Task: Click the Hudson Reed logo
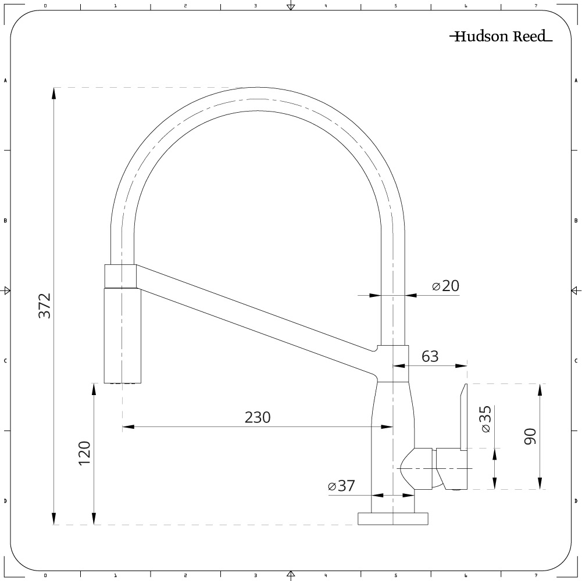[501, 36]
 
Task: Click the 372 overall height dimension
[45, 306]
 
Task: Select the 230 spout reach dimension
[258, 417]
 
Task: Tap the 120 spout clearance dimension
[84, 453]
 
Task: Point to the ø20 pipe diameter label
[446, 286]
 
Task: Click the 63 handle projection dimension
[430, 356]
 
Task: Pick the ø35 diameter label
[486, 419]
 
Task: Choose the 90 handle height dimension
[530, 436]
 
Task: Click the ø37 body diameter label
[341, 486]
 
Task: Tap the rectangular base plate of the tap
[392, 519]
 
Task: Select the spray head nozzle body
[123, 336]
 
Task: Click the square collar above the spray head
[120, 276]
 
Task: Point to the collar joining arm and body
[392, 364]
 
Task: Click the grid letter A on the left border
[5, 81]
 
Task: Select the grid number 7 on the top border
[535, 6]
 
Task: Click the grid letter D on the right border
[576, 501]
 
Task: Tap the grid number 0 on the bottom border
[45, 575]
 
